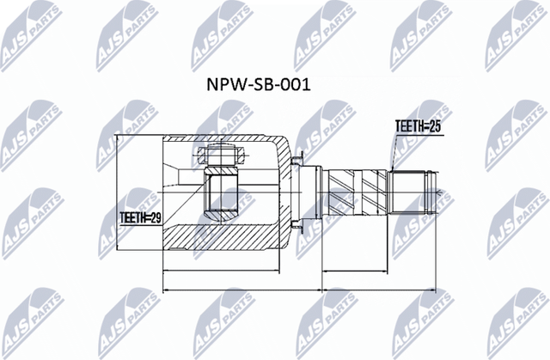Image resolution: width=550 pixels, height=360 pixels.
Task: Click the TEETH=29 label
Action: click(x=139, y=218)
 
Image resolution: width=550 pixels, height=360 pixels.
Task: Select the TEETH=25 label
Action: click(x=417, y=125)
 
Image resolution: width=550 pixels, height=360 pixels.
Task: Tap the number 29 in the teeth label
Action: click(x=154, y=218)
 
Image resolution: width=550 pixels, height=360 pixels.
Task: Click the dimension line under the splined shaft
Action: click(x=378, y=272)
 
